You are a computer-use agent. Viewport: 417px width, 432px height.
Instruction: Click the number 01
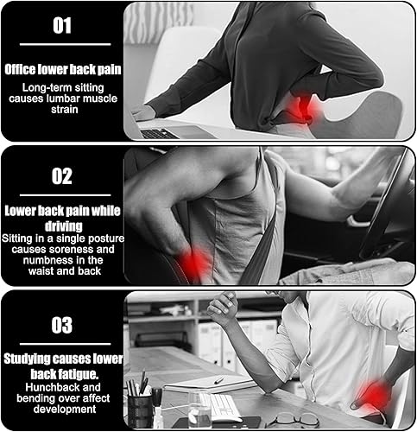pos(62,26)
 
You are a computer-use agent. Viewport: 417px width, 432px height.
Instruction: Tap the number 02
pos(62,176)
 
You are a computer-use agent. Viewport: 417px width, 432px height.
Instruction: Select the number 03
pos(62,325)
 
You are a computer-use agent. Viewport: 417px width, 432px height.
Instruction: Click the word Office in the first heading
pos(20,69)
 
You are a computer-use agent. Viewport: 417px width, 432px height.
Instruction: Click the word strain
pos(65,110)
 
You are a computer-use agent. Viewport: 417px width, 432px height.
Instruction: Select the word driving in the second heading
pos(64,226)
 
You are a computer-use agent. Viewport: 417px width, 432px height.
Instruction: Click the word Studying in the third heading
pos(27,359)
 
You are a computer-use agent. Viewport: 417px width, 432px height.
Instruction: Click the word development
pos(65,410)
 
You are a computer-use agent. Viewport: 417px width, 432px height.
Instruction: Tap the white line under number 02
pos(65,195)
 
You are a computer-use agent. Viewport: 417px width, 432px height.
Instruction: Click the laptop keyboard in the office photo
pos(159,134)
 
